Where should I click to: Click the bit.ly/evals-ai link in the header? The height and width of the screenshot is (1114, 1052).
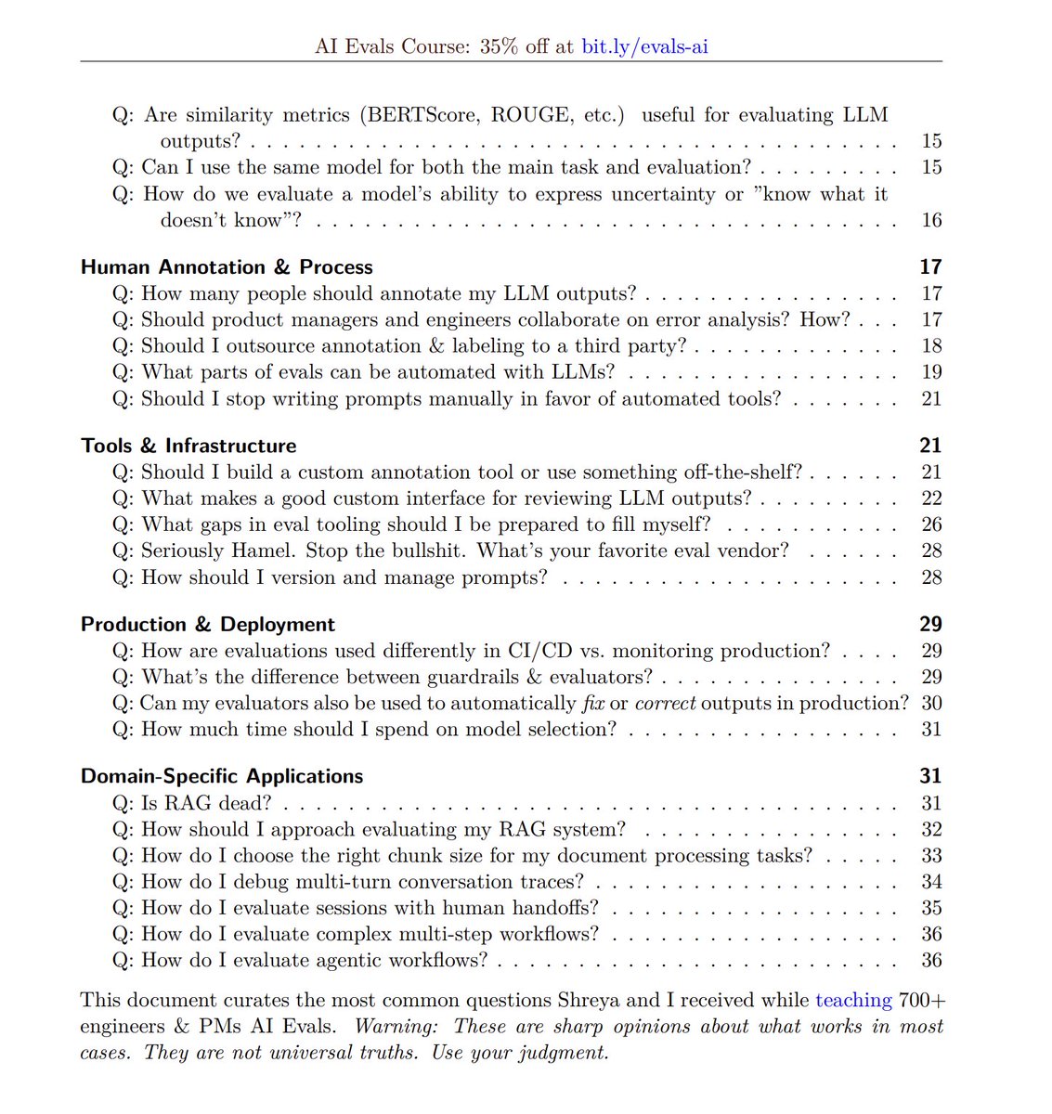click(x=644, y=45)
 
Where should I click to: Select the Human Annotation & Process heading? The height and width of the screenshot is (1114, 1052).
click(x=227, y=267)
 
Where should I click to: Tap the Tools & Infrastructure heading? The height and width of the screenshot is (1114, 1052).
click(x=188, y=446)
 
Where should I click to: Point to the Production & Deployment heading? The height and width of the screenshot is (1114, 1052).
click(x=208, y=625)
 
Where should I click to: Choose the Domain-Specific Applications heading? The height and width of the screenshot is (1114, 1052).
click(x=222, y=776)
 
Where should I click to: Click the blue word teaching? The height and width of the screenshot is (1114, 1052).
click(x=853, y=1000)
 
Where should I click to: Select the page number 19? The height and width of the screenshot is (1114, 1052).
click(x=931, y=372)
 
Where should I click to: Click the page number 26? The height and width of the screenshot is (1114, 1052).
click(x=931, y=525)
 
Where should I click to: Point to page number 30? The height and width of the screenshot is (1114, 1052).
click(x=931, y=703)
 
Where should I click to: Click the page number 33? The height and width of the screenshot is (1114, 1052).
click(x=931, y=855)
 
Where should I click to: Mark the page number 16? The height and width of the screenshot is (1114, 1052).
click(x=931, y=220)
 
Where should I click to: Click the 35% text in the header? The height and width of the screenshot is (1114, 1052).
click(x=500, y=45)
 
